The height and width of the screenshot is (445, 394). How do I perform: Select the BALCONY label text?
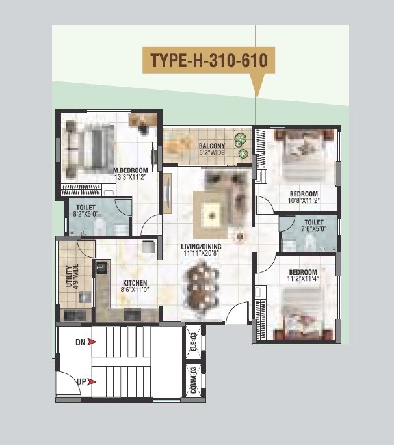tap(212, 146)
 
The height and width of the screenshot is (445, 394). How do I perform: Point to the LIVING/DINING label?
tap(202, 246)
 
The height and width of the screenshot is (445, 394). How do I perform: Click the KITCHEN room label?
tap(135, 284)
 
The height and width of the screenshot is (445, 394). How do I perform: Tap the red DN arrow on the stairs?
tap(92, 342)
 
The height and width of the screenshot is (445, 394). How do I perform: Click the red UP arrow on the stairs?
tap(92, 382)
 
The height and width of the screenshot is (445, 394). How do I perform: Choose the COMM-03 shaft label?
tap(193, 380)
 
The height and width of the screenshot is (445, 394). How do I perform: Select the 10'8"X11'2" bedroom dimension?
tap(304, 201)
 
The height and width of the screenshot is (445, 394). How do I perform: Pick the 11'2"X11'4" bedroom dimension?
tap(303, 279)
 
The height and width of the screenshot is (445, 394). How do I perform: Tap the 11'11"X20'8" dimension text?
tap(202, 254)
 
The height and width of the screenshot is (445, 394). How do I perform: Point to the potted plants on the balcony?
tap(242, 146)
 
